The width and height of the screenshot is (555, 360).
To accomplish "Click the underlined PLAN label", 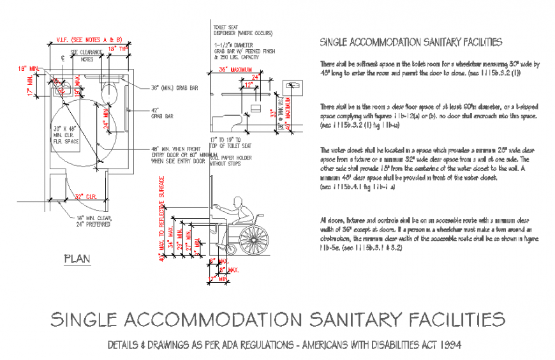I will [77, 259].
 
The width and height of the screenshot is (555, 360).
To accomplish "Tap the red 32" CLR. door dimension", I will [85, 196].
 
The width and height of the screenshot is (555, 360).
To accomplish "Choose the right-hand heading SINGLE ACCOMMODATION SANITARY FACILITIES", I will [410, 42].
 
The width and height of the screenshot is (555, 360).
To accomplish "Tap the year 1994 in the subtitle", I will [448, 345].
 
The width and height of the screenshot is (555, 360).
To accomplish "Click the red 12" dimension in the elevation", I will [248, 84].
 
